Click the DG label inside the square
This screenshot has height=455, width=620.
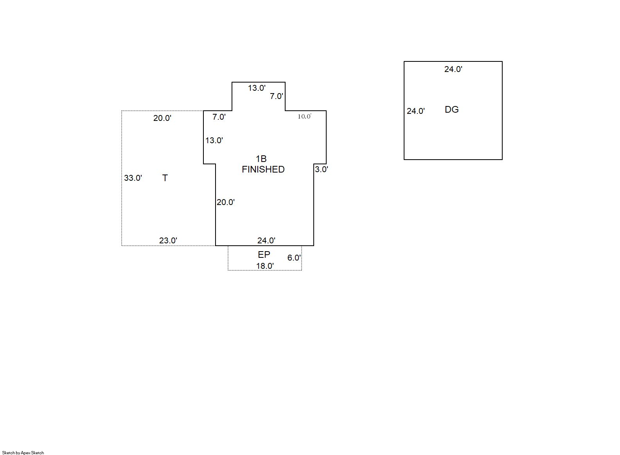451,110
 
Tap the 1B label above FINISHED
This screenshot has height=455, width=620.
261,159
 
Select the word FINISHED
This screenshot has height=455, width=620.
263,169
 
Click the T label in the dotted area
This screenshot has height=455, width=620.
165,178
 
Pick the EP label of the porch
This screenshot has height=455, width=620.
264,255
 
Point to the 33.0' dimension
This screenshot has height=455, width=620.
133,178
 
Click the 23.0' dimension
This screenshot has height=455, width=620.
168,241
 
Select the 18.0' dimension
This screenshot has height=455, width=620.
265,266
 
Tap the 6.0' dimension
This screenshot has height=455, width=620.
294,258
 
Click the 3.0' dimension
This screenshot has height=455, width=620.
322,169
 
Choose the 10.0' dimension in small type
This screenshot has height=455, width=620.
304,117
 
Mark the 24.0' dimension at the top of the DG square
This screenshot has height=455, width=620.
453,69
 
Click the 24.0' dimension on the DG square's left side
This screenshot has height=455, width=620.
415,111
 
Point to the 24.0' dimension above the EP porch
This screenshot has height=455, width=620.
266,241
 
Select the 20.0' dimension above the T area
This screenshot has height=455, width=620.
162,118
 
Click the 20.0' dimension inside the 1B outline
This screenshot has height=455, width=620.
226,202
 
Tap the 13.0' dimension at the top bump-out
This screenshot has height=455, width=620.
257,88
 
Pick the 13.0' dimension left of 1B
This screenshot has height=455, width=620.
214,140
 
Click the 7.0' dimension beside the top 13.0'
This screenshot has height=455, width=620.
277,96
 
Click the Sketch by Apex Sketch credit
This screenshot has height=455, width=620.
23,453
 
